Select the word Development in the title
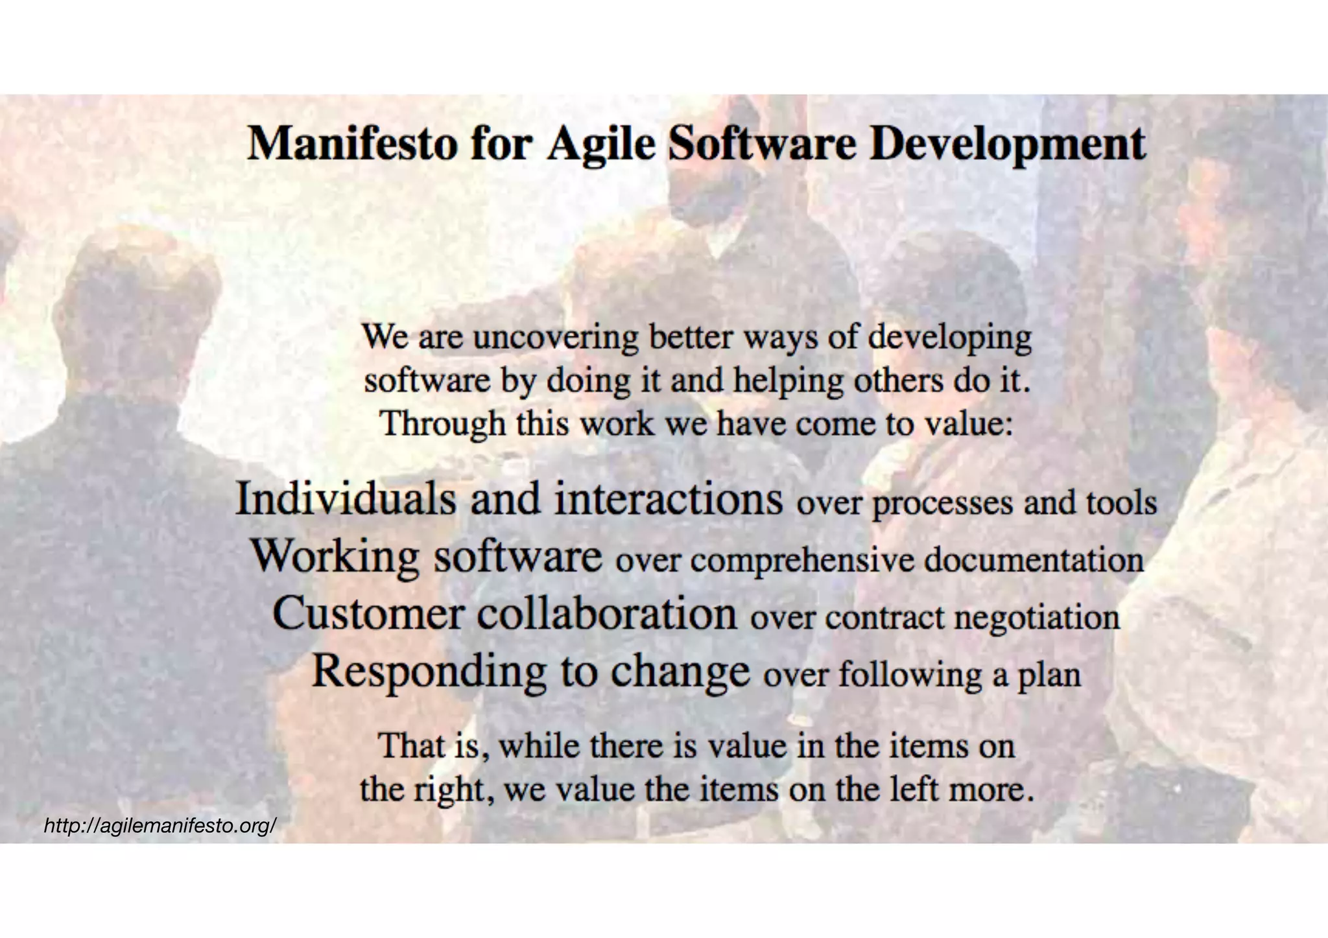(x=1007, y=144)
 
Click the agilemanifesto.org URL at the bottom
(x=160, y=826)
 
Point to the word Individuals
(x=346, y=498)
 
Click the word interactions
(x=668, y=498)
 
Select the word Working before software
(x=335, y=556)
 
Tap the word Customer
(x=368, y=613)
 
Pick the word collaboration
(x=607, y=613)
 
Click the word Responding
(x=429, y=671)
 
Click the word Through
(x=442, y=424)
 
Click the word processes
(x=942, y=503)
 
